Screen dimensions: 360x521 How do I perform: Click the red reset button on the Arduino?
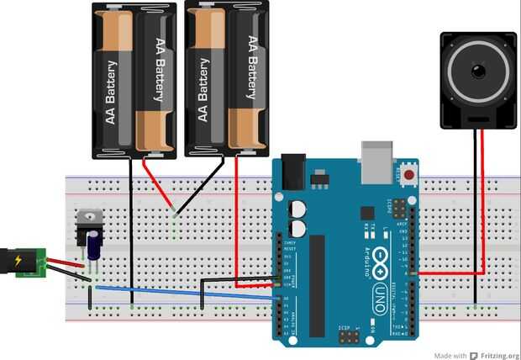409,175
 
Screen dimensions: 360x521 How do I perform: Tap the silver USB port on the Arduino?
377,161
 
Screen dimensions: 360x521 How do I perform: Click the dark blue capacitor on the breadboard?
96,245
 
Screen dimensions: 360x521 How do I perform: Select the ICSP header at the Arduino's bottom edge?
349,336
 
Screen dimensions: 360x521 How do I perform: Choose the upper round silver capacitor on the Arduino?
297,208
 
